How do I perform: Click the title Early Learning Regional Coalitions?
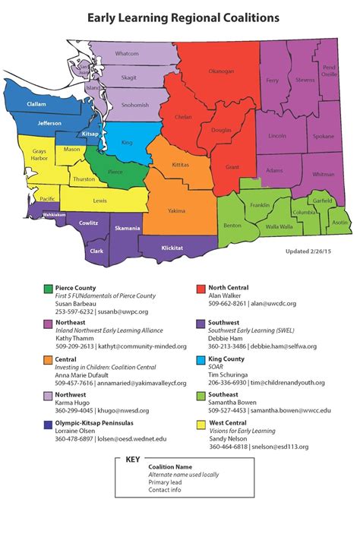[182, 16]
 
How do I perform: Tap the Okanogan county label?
[222, 71]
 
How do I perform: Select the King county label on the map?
[127, 142]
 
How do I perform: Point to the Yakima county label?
[176, 210]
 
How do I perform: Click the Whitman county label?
[324, 174]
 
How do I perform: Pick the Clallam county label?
[36, 104]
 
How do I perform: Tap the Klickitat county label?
[172, 248]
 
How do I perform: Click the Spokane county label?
[323, 136]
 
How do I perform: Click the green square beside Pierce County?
[49, 289]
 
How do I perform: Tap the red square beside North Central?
[201, 289]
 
